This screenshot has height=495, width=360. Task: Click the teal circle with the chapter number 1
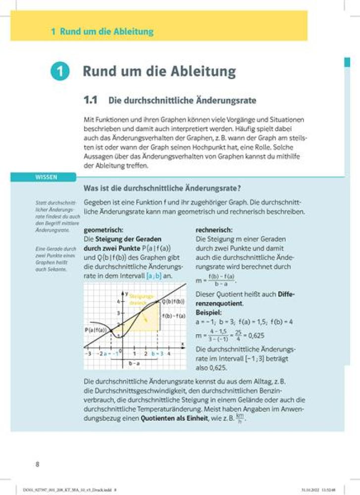coord(58,71)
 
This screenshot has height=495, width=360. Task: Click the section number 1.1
coord(92,100)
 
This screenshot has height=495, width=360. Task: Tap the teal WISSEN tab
coord(43,177)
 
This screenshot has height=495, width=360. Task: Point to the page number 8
coord(37,464)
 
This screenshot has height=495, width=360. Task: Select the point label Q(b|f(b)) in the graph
coord(173,301)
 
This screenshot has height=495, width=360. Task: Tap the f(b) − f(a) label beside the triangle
coord(174,316)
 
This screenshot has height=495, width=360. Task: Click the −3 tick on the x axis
coord(88,353)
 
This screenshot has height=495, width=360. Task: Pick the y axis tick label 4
coord(118,301)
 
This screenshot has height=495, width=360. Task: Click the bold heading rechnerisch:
coord(214,230)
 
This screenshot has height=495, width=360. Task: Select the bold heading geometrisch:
coord(103,230)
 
